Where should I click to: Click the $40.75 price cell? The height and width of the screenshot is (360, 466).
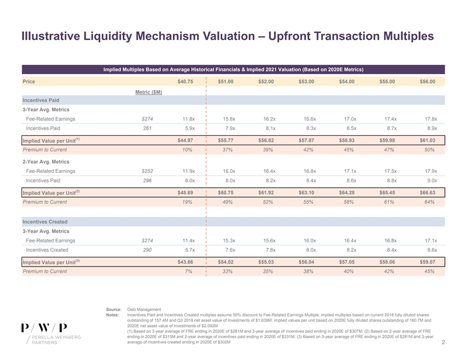(185, 81)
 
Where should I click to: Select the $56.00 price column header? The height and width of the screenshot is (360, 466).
(428, 81)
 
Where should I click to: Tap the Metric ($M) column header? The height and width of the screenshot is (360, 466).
(149, 92)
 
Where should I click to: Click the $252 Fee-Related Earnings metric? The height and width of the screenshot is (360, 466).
(148, 171)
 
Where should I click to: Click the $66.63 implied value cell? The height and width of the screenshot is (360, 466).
(428, 192)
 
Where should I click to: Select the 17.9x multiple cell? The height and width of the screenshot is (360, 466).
(430, 171)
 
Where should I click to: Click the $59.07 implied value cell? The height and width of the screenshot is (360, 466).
(428, 261)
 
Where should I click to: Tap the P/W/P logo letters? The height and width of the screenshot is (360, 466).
(44, 328)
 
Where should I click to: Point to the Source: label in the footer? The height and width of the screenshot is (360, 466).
(114, 309)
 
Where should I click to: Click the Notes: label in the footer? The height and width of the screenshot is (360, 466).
(113, 315)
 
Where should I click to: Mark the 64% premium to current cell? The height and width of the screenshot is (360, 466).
(430, 202)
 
